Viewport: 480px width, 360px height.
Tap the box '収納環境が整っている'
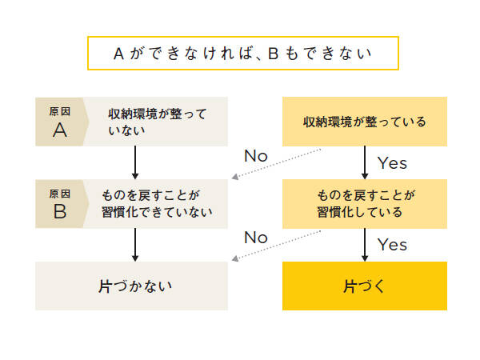364,122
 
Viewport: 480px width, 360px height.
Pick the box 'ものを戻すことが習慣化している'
364,204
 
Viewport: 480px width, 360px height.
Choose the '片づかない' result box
132,286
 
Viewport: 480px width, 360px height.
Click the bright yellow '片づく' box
364,286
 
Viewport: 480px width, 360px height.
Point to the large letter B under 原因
60,213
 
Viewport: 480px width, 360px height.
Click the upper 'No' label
256,155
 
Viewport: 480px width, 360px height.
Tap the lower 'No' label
256,238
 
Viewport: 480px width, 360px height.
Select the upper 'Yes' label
393,163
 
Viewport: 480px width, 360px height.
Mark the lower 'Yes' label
393,244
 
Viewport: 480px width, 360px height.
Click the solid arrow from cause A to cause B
135,162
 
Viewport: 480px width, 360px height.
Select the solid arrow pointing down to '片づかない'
135,245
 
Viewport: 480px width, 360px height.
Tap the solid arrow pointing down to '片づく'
365,245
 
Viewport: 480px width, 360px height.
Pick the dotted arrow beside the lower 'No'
276,246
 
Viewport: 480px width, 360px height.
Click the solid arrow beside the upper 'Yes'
365,162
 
